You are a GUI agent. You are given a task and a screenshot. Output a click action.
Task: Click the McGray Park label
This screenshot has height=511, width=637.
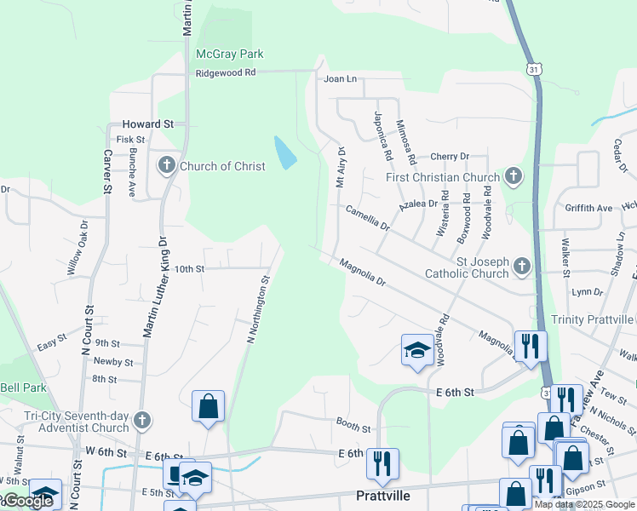229,54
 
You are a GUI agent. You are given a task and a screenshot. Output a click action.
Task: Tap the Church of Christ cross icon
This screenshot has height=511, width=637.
166,165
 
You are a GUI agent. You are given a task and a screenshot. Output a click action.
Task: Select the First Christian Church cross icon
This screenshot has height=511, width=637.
513,177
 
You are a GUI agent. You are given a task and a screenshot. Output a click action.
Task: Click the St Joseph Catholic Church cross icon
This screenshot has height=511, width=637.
522,267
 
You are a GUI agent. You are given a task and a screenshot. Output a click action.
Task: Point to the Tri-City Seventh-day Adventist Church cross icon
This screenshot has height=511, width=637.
142,421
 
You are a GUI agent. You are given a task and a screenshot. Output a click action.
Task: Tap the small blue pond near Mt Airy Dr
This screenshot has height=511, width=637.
285,152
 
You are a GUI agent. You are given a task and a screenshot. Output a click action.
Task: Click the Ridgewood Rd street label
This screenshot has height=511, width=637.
225,73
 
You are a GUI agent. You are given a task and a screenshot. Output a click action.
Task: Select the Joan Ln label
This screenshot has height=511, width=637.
340,79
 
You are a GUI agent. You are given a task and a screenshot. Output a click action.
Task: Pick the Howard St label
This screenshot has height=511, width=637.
147,123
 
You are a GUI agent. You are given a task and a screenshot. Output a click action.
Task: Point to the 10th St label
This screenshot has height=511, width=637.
189,268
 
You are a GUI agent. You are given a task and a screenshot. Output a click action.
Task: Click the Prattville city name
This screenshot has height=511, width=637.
382,495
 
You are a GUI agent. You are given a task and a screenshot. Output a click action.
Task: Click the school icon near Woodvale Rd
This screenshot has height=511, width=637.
416,350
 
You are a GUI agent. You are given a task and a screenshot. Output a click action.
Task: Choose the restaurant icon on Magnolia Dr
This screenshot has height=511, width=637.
530,346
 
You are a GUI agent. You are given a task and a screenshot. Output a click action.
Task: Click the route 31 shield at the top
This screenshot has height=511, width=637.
533,67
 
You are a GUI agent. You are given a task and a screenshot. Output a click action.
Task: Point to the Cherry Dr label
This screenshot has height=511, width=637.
450,157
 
